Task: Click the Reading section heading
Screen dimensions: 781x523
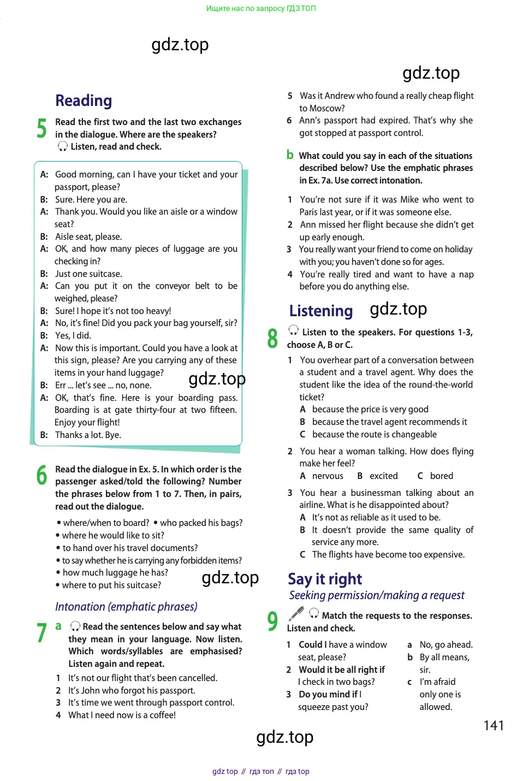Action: click(84, 101)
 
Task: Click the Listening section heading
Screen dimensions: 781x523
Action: click(321, 311)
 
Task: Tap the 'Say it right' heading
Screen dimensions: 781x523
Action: click(325, 579)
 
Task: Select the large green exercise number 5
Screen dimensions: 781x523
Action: click(41, 128)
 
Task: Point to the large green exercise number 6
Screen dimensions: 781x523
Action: click(41, 475)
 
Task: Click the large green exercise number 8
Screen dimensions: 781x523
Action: click(272, 339)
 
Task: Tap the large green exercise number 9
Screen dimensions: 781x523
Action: click(272, 622)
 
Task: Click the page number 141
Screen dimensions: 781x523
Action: click(494, 725)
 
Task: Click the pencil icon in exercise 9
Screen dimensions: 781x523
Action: click(296, 614)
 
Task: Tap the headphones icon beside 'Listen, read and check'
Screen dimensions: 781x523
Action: click(63, 146)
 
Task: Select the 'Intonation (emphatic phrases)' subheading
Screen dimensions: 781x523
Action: click(126, 607)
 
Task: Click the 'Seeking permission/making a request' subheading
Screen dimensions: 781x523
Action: click(377, 595)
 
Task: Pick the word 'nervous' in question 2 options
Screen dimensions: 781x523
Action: click(328, 476)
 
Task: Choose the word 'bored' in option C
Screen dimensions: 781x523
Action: click(442, 476)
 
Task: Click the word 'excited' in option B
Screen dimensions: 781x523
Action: click(384, 476)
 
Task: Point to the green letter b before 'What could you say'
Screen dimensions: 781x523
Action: click(290, 155)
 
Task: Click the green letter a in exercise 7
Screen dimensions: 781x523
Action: click(58, 626)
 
